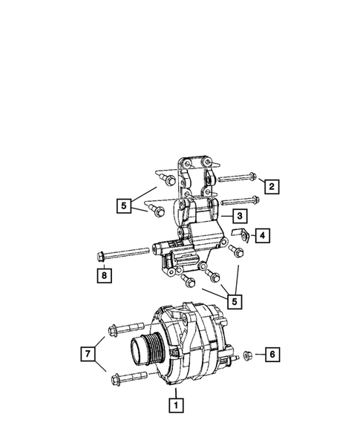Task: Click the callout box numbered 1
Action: [x=176, y=405]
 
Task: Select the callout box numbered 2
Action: [x=272, y=186]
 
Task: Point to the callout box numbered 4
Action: [x=263, y=237]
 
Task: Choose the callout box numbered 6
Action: [x=272, y=355]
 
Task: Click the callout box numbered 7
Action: [x=89, y=354]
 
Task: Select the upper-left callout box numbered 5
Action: [x=124, y=205]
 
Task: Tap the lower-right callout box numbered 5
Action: [x=235, y=301]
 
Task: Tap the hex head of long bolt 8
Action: [x=101, y=257]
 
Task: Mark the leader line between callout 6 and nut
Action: [x=259, y=355]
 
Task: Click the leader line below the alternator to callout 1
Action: [x=176, y=392]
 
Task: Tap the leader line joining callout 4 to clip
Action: [x=251, y=237]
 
